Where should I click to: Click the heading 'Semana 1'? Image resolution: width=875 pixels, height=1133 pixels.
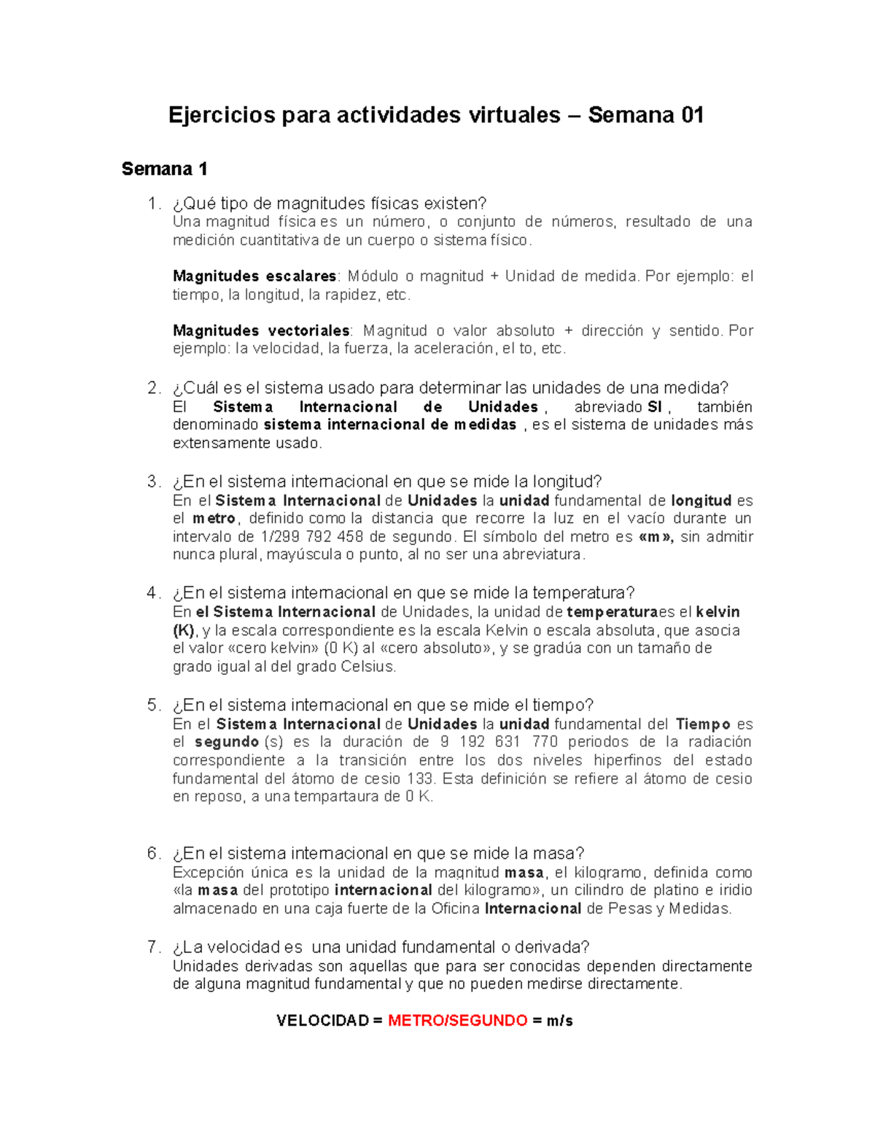coord(164,169)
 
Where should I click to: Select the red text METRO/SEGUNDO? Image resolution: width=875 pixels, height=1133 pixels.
coord(457,1021)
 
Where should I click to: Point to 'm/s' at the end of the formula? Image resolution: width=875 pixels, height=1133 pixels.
coord(560,1021)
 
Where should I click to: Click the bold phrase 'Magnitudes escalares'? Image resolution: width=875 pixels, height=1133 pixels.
coord(254,277)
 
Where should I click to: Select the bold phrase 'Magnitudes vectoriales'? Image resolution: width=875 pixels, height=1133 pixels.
coord(261,330)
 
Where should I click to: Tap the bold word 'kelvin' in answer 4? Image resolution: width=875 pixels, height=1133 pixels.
coord(717,612)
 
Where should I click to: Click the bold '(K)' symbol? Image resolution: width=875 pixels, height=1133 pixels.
coord(184,630)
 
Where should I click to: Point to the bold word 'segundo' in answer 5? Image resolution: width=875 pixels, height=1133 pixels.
coord(227,742)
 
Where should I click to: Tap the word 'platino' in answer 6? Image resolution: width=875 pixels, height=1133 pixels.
coord(674,890)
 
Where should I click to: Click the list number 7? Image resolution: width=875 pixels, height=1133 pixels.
coord(153,947)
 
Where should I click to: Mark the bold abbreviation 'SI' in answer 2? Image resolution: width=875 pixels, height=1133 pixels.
coord(654,407)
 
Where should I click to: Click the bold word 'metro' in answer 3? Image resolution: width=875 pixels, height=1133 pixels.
coord(214,519)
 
